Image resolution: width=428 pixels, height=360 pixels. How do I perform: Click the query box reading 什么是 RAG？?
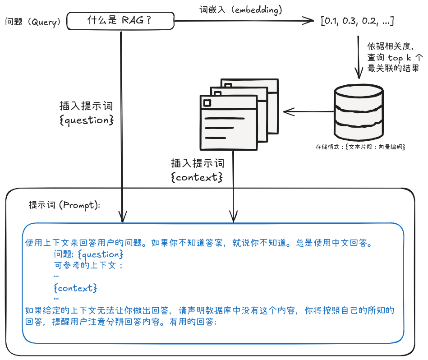pyautogui.click(x=120, y=21)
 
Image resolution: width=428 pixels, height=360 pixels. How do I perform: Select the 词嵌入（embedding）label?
pyautogui.click(x=241, y=9)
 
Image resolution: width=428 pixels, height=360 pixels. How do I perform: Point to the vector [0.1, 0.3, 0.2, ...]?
pyautogui.click(x=357, y=21)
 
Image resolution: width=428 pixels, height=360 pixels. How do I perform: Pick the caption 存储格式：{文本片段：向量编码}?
pyautogui.click(x=360, y=147)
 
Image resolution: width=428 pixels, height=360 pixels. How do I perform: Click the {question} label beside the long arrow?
pyautogui.click(x=86, y=120)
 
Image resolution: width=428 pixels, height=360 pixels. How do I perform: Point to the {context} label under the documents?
pyautogui.click(x=197, y=177)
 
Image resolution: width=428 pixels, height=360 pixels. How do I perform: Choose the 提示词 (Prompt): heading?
pyautogui.click(x=64, y=205)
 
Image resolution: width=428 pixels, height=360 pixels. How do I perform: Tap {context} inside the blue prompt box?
pyautogui.click(x=75, y=287)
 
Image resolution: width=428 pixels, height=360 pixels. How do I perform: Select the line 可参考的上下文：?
pyautogui.click(x=88, y=265)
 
